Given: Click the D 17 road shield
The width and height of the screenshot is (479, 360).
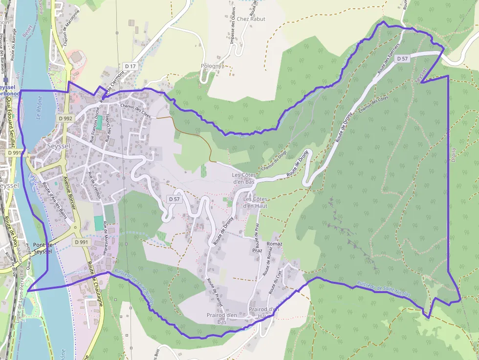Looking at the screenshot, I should tap(130, 66).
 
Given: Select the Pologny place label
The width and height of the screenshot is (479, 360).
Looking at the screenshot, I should tap(211, 66).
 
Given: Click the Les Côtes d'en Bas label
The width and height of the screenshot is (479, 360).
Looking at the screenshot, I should tap(244, 178).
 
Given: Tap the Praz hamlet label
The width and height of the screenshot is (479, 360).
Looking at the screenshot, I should tap(257, 251).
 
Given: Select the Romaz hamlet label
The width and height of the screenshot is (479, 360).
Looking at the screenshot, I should tap(275, 244).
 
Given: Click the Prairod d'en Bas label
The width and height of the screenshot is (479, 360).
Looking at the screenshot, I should tap(222, 318).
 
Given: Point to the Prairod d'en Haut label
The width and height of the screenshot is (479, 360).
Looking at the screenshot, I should tap(263, 313).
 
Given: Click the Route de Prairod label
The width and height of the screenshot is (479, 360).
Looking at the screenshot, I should tap(215, 292).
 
